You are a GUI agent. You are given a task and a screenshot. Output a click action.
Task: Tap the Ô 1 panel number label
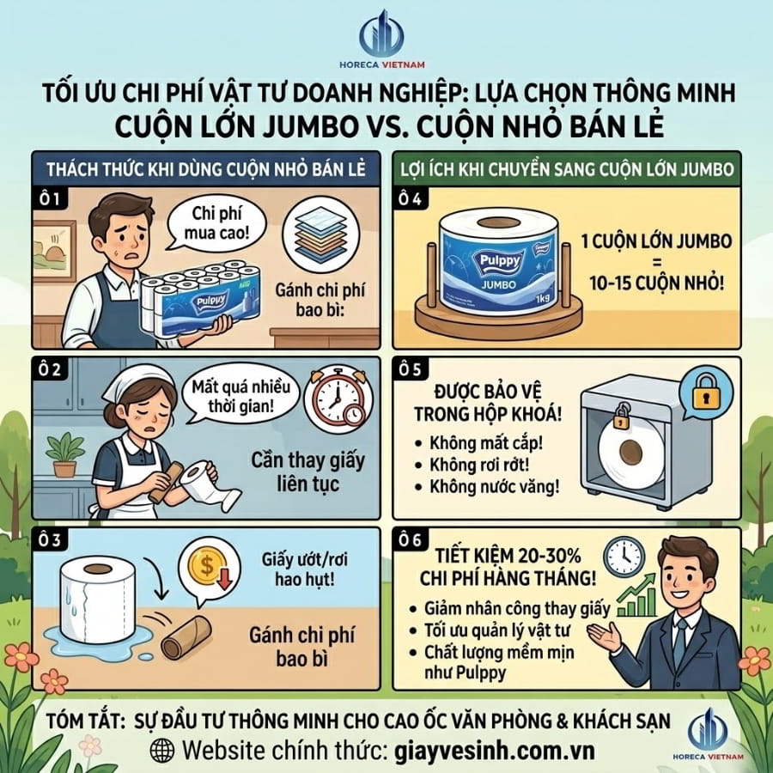(49, 198)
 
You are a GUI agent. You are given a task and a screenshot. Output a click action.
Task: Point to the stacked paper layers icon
(322, 234)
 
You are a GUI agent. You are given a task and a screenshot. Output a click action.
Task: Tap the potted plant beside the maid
(64, 454)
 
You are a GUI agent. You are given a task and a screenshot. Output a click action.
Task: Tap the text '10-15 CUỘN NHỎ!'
(657, 283)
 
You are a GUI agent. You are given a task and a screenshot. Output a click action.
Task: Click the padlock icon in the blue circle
(707, 392)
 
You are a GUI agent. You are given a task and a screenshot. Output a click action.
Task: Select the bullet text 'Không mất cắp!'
(485, 442)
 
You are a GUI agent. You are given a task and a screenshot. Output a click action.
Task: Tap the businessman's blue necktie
(680, 641)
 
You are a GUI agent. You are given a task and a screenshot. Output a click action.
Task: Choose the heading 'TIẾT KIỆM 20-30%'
(508, 556)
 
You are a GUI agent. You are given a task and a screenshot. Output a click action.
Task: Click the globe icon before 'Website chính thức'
(162, 751)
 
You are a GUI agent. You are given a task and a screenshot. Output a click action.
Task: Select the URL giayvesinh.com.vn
(495, 751)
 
